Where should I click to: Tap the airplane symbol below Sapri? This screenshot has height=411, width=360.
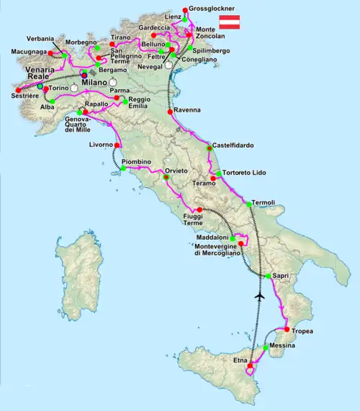pyautogui.click(x=260, y=295)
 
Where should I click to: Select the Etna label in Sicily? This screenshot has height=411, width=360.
pyautogui.click(x=240, y=358)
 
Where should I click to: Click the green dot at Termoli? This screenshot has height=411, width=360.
pyautogui.click(x=249, y=204)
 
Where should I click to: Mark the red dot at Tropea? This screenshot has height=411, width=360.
pyautogui.click(x=287, y=330)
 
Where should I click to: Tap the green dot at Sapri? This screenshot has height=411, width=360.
pyautogui.click(x=267, y=276)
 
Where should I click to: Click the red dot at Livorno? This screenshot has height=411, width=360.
pyautogui.click(x=116, y=145)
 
